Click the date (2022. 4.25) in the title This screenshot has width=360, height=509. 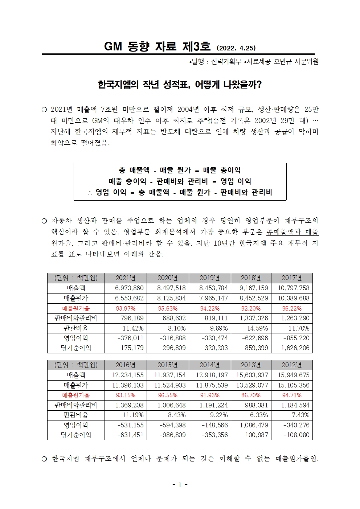pyautogui.click(x=236, y=48)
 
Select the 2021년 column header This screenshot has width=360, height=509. pyautogui.click(x=126, y=278)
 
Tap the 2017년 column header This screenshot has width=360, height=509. pyautogui.click(x=291, y=278)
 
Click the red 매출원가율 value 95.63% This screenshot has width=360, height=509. pyautogui.click(x=168, y=308)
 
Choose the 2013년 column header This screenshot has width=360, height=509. pyautogui.click(x=251, y=365)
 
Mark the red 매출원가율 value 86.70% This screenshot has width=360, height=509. pyautogui.click(x=251, y=395)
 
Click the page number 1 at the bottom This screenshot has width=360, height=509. pyautogui.click(x=180, y=485)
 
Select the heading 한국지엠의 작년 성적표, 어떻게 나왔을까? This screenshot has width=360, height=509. pyautogui.click(x=180, y=85)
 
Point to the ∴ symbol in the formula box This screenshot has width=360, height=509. pyautogui.click(x=90, y=193)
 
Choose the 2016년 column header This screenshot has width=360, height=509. pyautogui.click(x=126, y=365)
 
